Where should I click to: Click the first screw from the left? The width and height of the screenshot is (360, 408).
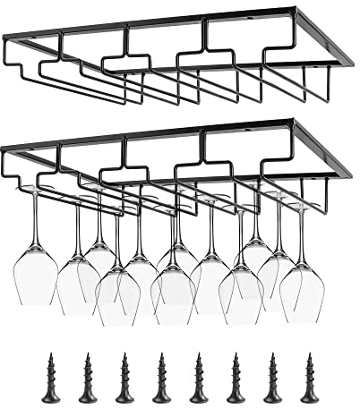(50, 378)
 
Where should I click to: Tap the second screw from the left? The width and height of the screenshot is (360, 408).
(87, 378)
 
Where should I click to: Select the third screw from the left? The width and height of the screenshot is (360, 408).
(124, 378)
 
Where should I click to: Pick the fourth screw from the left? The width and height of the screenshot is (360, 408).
(161, 378)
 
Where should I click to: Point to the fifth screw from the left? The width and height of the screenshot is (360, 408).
(198, 378)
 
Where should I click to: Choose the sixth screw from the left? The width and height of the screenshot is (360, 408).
(236, 378)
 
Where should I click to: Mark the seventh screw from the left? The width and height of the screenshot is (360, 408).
(272, 378)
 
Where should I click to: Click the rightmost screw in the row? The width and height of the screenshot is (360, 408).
(310, 378)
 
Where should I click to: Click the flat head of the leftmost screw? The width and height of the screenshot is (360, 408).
(50, 397)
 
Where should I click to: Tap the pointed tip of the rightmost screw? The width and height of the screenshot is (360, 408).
(310, 356)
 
